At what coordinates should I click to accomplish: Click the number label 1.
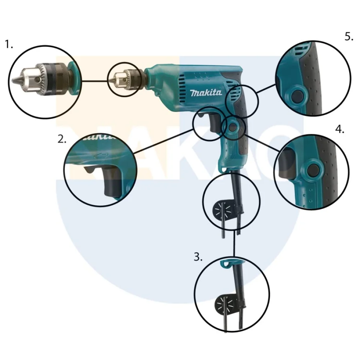9,45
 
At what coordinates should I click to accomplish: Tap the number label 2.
62,140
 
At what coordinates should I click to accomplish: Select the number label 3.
198,257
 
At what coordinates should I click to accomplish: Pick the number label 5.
349,36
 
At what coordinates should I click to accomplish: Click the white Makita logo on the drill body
206,93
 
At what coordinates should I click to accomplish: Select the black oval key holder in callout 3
222,302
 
